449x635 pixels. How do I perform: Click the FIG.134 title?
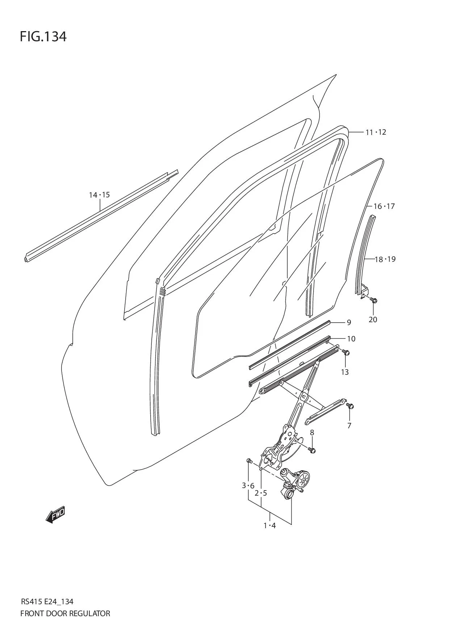tap(43, 37)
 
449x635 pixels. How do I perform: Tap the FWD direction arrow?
tap(55, 514)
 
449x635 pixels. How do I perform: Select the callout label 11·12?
tap(375, 132)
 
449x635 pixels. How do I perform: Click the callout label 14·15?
tap(99, 195)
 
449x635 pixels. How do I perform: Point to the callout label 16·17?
tap(384, 206)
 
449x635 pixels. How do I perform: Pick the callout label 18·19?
tap(385, 259)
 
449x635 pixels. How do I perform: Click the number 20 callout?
tap(373, 319)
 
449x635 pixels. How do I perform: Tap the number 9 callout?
tap(349, 322)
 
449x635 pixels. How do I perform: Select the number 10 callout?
tap(351, 339)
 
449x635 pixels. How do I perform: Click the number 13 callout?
tap(345, 372)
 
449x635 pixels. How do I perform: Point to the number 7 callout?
tap(349, 426)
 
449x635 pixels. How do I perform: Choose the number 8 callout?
tap(312, 432)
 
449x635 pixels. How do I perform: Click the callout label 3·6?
tap(248, 485)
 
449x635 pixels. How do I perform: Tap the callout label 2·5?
tap(261, 493)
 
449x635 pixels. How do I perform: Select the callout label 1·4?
tap(270, 525)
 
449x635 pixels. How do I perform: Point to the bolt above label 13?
tap(346, 352)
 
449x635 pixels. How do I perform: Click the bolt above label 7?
tap(350, 406)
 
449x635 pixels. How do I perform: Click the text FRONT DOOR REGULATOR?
tap(65, 613)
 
